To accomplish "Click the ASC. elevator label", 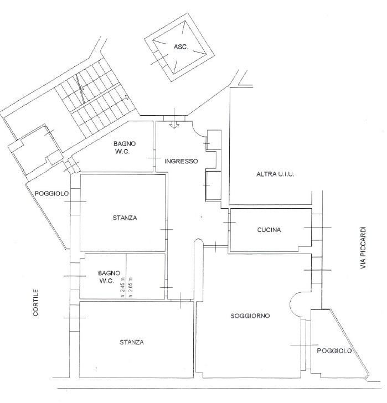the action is tap(181, 47).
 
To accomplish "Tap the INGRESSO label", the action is tap(181, 161).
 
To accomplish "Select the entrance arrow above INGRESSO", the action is tap(174, 125).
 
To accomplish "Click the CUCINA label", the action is tap(269, 230).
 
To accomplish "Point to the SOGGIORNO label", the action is tap(250, 316).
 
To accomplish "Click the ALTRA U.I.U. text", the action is tap(275, 174).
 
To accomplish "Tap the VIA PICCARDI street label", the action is tap(363, 248).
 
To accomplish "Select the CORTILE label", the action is tap(35, 302).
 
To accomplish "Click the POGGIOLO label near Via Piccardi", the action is tap(334, 350).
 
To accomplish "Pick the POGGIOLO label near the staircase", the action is tap(51, 193).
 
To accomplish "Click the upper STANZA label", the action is tap(125, 218).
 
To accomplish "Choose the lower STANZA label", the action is tap(132, 342).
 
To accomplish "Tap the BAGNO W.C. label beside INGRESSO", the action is tap(125, 147).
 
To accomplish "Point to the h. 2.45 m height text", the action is tap(122, 287).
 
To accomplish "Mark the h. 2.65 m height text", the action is tap(131, 287).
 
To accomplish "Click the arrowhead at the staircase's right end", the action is tap(127, 97).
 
